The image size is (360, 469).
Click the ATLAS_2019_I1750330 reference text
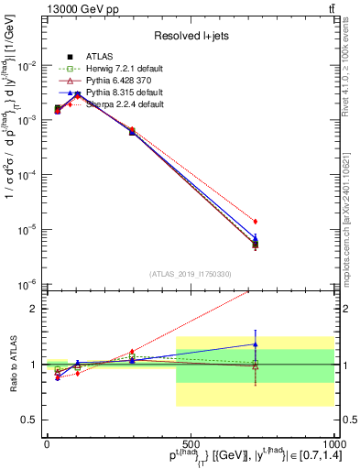point(191,274)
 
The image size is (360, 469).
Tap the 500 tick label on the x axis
point(191,445)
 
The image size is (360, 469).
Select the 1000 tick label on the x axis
point(330,445)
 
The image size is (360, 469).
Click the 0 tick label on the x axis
point(47,445)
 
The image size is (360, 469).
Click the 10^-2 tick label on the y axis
point(27,66)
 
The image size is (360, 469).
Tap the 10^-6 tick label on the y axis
point(27,284)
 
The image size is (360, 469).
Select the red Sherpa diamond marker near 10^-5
point(256,221)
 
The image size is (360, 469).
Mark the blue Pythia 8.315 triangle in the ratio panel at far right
point(256,344)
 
